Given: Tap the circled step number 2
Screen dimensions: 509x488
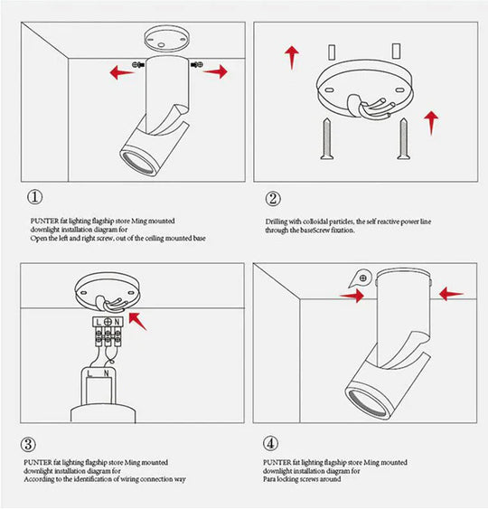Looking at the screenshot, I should coord(272,198).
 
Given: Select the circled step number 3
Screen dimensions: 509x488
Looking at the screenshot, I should coord(30,444).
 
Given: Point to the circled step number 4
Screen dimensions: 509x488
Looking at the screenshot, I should coord(270,444).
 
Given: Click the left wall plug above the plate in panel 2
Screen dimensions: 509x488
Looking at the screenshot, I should coord(333,51).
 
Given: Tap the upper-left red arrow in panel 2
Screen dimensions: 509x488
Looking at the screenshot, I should coord(291,56).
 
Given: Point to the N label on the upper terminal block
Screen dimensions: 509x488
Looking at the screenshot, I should coord(118,322).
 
